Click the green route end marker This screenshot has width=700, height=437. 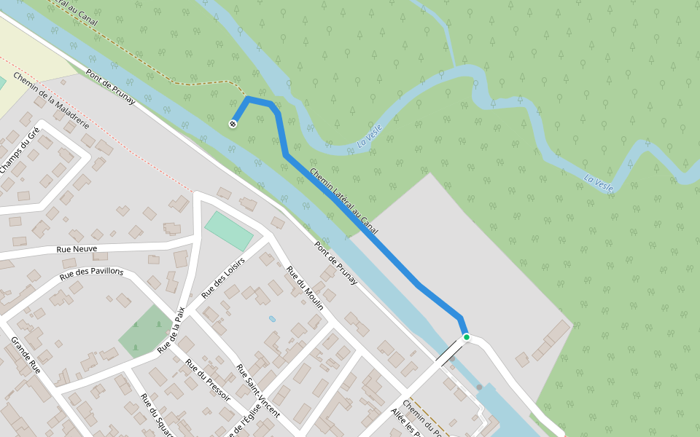click(466, 337)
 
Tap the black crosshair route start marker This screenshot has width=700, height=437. click(233, 124)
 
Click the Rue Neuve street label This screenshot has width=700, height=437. click(77, 249)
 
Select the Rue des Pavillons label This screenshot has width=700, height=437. click(92, 273)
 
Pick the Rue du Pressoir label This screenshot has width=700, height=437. click(208, 379)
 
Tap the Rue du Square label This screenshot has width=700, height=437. click(156, 415)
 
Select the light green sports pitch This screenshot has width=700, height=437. click(228, 231)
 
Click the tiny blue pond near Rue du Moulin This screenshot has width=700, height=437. click(272, 319)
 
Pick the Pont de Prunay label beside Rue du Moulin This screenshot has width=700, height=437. click(336, 262)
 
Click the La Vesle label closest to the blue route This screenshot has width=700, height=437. click(370, 137)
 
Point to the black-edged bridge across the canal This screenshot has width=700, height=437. click(448, 353)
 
